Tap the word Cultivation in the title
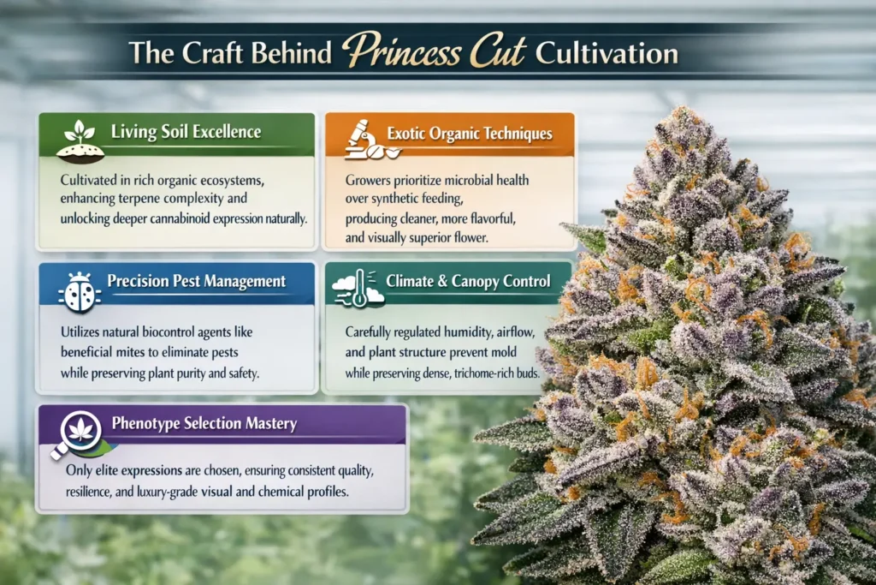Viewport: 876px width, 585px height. coord(607,53)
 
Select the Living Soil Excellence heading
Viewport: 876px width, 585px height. coord(186,133)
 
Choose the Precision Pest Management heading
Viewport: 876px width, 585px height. coord(196,282)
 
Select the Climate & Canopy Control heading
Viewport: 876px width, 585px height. coord(467,280)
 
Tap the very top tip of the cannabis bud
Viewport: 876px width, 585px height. coord(681,111)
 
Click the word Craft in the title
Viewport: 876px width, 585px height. coord(194,53)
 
